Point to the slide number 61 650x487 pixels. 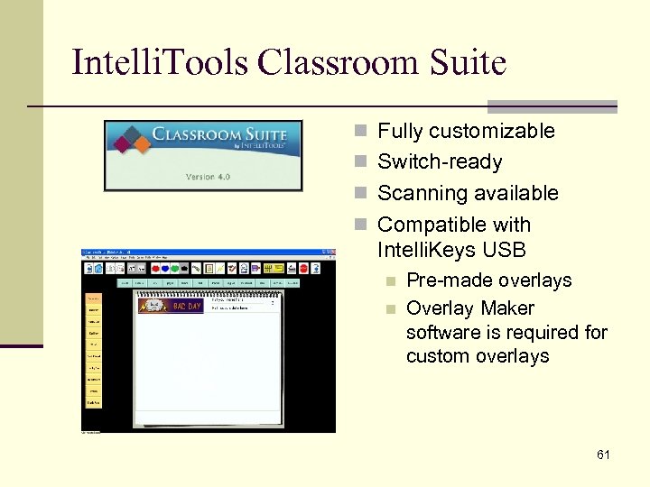pos(603,455)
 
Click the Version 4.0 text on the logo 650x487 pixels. pos(208,177)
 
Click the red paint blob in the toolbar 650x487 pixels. pos(156,268)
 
